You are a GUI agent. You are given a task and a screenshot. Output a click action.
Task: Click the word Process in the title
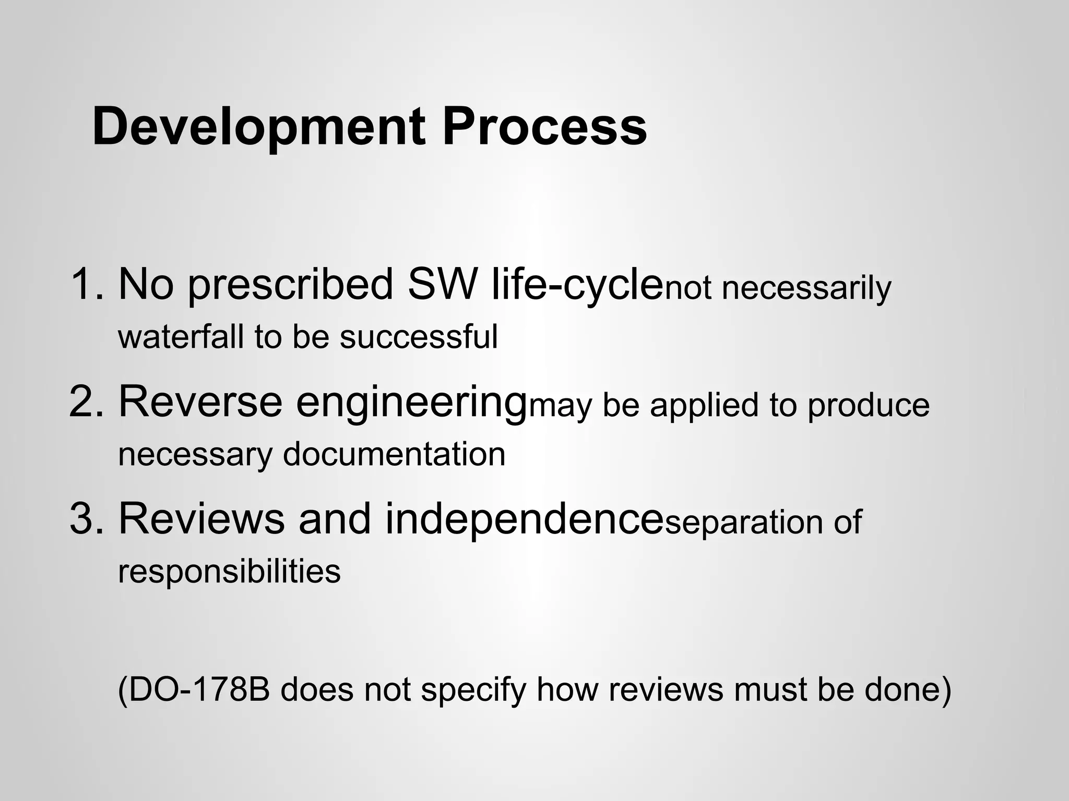(544, 127)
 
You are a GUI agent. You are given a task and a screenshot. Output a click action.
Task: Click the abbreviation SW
(443, 284)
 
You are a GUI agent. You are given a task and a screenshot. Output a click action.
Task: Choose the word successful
(419, 336)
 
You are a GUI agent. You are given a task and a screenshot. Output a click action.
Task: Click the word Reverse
(200, 402)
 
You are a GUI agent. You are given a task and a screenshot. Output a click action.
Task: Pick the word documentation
(394, 454)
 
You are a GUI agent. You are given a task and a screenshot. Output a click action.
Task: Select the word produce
(869, 406)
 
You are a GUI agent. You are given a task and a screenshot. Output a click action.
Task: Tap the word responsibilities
(229, 572)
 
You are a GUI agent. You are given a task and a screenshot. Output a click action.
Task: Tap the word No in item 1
(146, 284)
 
